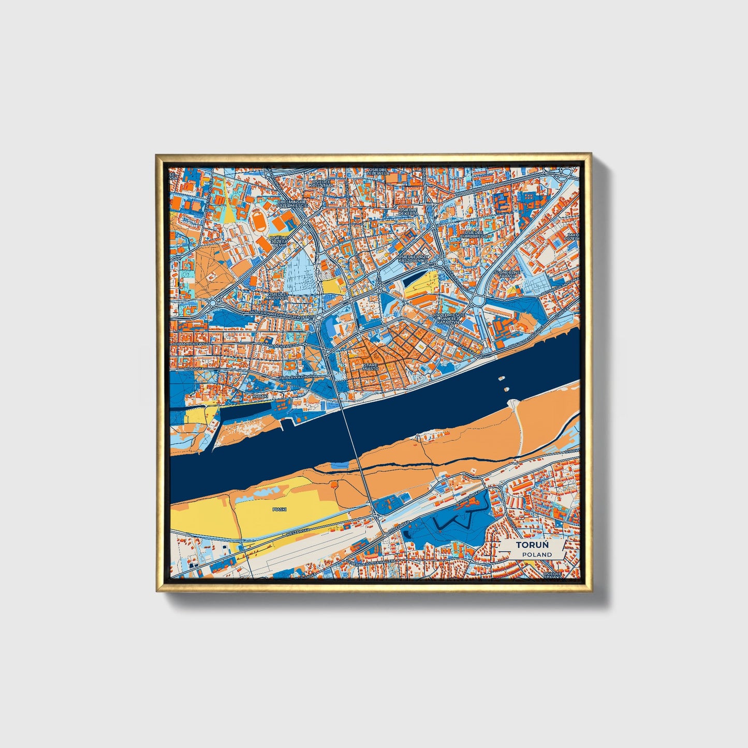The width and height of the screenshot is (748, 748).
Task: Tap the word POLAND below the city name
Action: (x=536, y=554)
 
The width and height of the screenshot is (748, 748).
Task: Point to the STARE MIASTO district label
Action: (x=371, y=366)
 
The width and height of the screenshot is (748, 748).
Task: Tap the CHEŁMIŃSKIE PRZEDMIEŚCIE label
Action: (x=292, y=203)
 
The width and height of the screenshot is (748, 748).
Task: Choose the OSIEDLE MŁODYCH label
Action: (x=278, y=296)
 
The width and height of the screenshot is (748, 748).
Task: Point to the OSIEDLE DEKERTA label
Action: (x=408, y=212)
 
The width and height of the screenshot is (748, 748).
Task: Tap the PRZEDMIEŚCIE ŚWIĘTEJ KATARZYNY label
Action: (x=449, y=318)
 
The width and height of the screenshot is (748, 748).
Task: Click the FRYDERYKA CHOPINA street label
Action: (x=298, y=378)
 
